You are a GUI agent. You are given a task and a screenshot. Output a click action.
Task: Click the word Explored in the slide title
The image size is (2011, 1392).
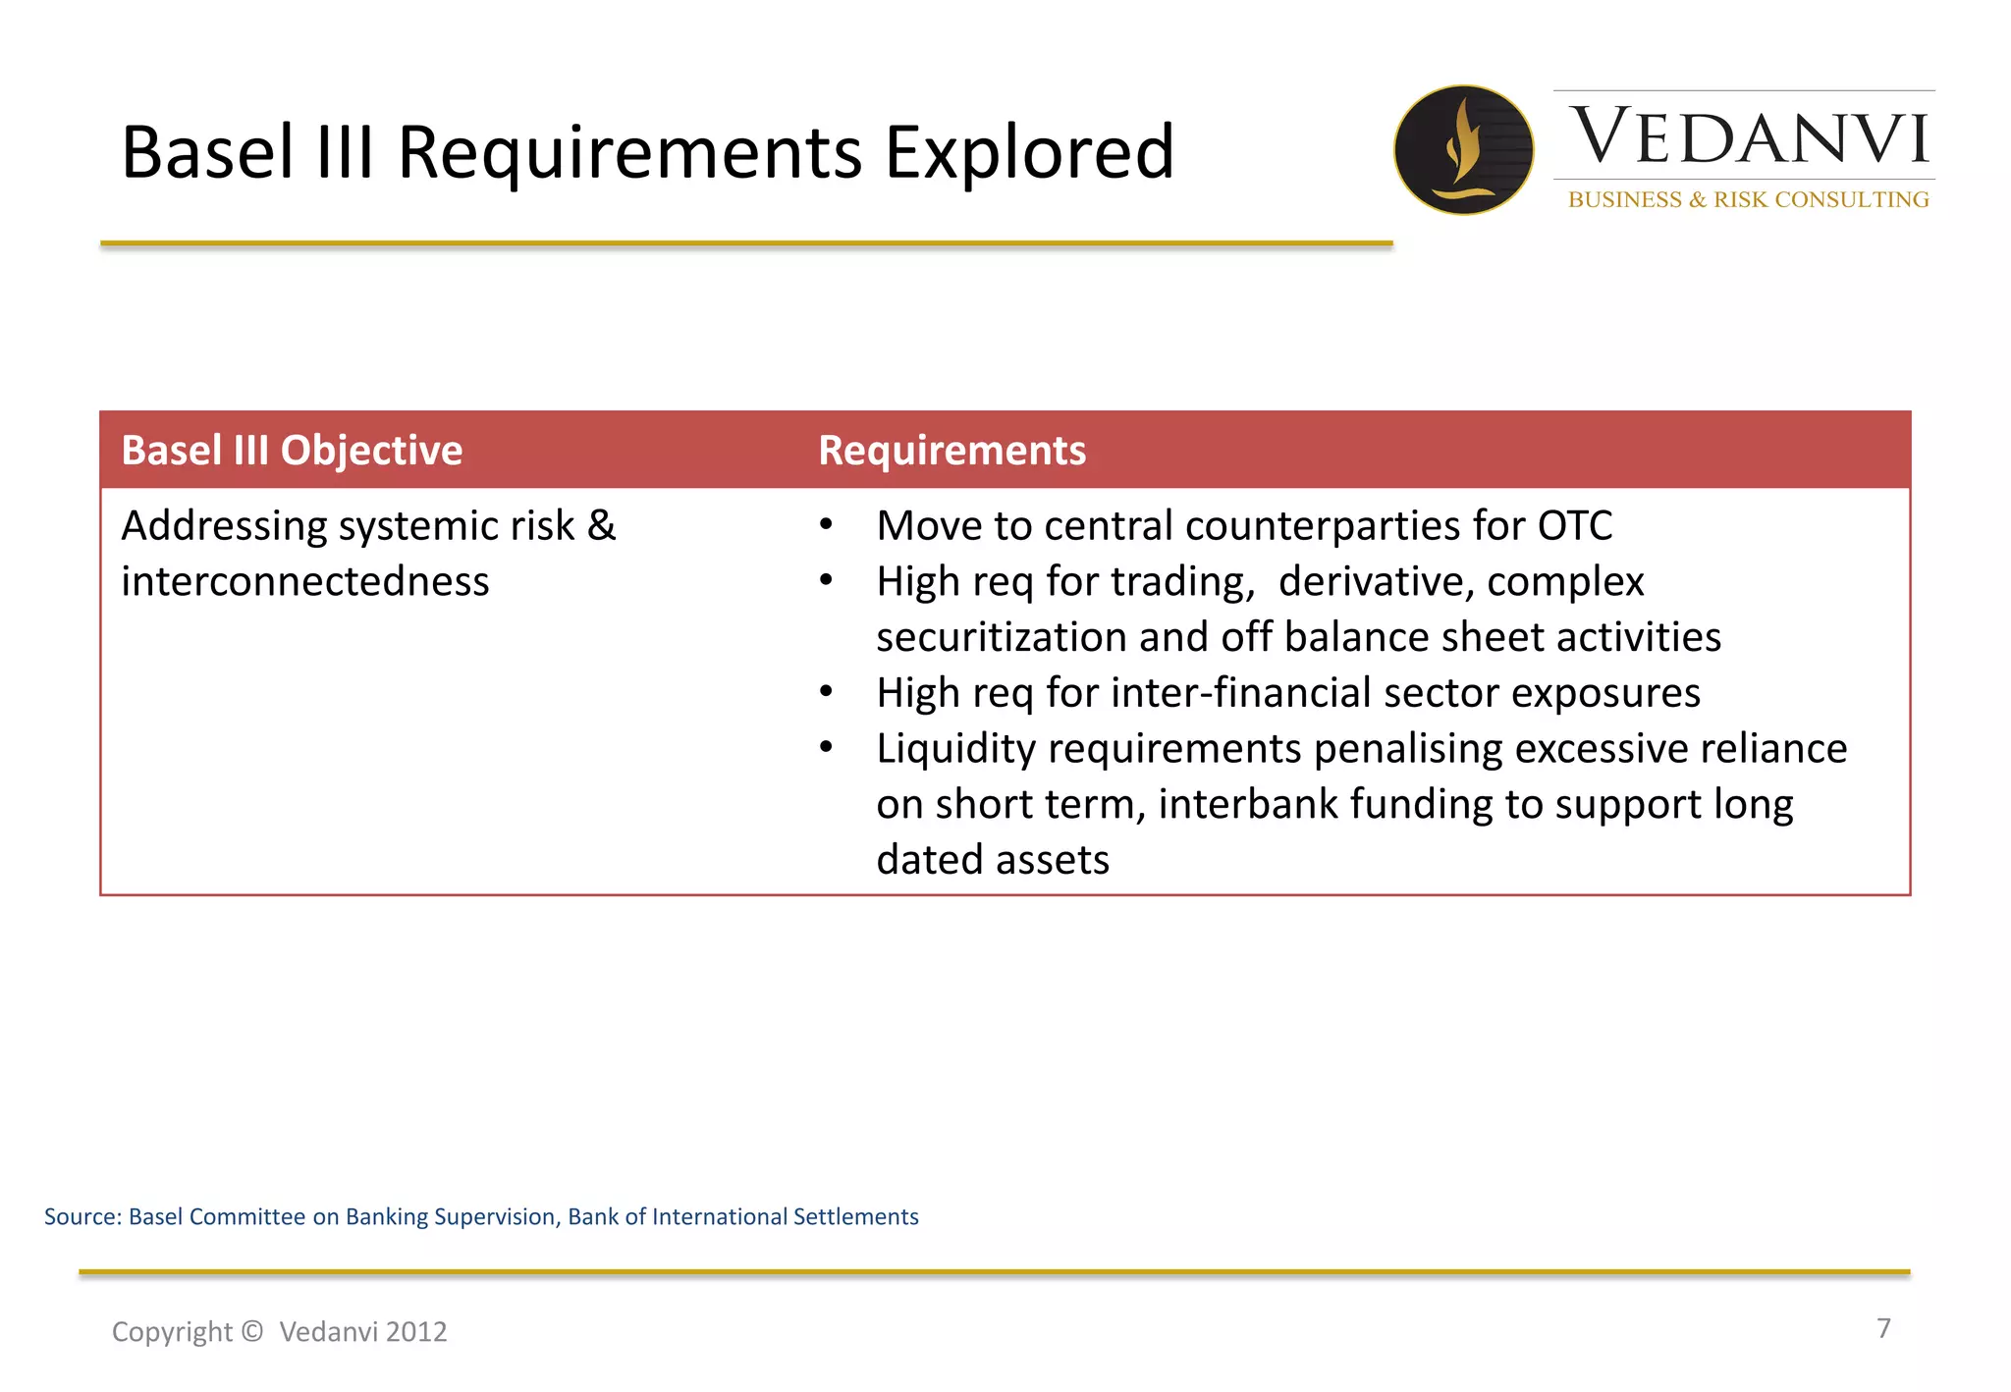[x=1028, y=153]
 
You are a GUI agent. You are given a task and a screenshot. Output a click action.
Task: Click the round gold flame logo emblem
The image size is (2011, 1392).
[x=1463, y=150]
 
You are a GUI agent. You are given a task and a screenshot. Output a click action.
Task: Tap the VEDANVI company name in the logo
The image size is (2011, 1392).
[x=1749, y=136]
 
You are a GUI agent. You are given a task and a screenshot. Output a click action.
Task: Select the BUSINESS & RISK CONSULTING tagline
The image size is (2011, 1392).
[x=1748, y=200]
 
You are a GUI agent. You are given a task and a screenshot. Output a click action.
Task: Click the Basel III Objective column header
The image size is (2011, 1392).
[x=292, y=451]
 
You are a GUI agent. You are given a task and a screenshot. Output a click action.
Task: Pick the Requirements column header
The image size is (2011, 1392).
[x=951, y=451]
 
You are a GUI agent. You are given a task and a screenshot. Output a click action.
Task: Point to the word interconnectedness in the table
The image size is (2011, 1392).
[x=305, y=582]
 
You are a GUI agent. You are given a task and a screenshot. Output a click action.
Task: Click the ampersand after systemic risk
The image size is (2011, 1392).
[x=601, y=526]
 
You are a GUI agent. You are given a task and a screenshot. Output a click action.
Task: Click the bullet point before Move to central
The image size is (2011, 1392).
[x=827, y=525]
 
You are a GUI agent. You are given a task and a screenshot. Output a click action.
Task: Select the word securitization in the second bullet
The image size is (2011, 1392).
[x=1002, y=638]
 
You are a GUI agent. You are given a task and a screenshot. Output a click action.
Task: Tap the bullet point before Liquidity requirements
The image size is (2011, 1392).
[x=827, y=748]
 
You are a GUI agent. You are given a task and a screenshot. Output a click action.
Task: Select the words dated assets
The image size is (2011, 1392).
[x=992, y=860]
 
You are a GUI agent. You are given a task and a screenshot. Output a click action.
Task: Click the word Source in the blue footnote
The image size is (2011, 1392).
[x=82, y=1217]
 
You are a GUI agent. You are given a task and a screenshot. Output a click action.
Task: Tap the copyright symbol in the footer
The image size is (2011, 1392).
[x=251, y=1331]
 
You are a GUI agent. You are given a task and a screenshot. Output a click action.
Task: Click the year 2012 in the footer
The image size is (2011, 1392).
[x=416, y=1332]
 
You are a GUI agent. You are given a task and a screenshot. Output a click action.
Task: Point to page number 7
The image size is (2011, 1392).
[x=1883, y=1328]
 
